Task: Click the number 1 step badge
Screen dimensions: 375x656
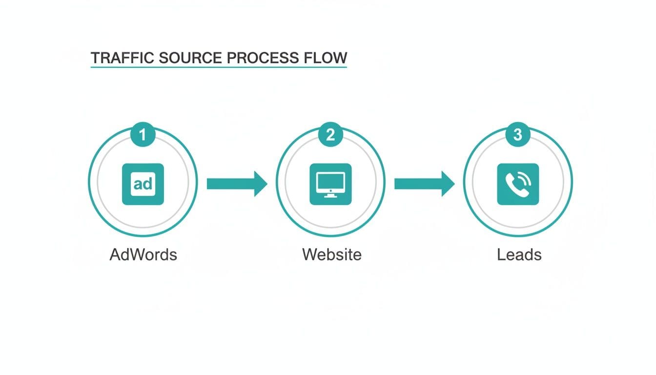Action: [x=143, y=135]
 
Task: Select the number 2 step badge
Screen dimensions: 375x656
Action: [x=330, y=135]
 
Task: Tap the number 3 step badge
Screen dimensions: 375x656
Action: [x=518, y=135]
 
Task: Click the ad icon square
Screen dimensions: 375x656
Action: [x=143, y=184]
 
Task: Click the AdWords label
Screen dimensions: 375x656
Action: [x=143, y=254]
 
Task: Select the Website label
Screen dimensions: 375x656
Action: [x=331, y=254]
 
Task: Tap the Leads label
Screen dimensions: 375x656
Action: [x=519, y=254]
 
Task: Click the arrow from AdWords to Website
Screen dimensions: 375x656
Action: [x=237, y=184]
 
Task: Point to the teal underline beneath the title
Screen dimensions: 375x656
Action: [x=218, y=67]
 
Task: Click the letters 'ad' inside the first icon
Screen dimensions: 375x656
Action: [x=143, y=184]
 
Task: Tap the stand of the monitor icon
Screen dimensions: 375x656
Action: [x=330, y=195]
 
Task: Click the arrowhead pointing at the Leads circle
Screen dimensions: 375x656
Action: [x=448, y=184]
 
